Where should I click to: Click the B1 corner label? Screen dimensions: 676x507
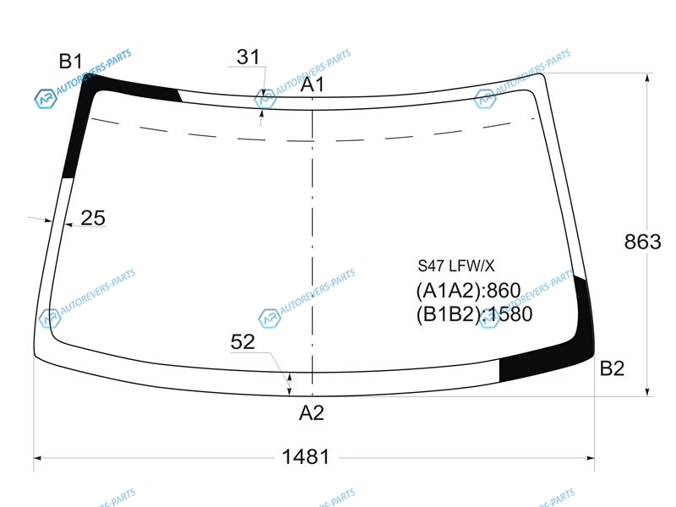pyautogui.click(x=70, y=61)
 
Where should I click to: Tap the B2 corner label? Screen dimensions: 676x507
pyautogui.click(x=612, y=368)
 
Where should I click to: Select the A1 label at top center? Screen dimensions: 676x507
pyautogui.click(x=312, y=84)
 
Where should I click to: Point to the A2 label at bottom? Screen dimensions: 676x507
pyautogui.click(x=311, y=413)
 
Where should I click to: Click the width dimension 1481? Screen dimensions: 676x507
pyautogui.click(x=306, y=456)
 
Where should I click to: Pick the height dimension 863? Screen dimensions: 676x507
pyautogui.click(x=642, y=242)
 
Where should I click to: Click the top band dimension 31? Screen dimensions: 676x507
pyautogui.click(x=248, y=57)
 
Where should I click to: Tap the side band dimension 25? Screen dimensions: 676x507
pyautogui.click(x=93, y=218)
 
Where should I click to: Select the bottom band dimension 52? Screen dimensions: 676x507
pyautogui.click(x=243, y=342)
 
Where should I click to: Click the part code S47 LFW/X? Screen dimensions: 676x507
pyautogui.click(x=455, y=265)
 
